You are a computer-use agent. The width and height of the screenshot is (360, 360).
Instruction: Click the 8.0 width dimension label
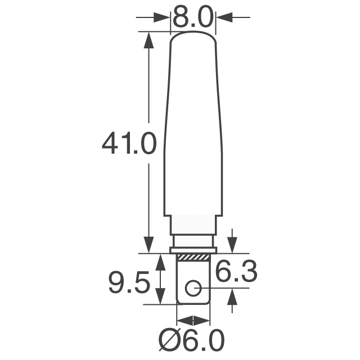(x=193, y=17)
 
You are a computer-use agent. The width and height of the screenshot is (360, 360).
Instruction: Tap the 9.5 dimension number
(x=129, y=283)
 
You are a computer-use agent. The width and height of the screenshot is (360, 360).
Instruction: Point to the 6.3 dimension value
(x=236, y=273)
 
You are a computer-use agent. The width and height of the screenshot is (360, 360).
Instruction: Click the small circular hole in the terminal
(x=192, y=289)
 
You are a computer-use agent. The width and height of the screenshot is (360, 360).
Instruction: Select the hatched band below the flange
(x=193, y=257)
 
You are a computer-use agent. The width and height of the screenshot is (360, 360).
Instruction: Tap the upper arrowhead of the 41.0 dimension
(x=148, y=39)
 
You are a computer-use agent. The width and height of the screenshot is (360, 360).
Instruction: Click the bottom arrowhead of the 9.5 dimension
(x=160, y=298)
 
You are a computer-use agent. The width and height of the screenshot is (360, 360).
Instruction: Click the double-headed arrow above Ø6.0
(x=193, y=320)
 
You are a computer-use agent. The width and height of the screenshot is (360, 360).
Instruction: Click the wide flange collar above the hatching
(x=193, y=249)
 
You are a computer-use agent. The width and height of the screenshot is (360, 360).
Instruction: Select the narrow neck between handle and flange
(x=193, y=240)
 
